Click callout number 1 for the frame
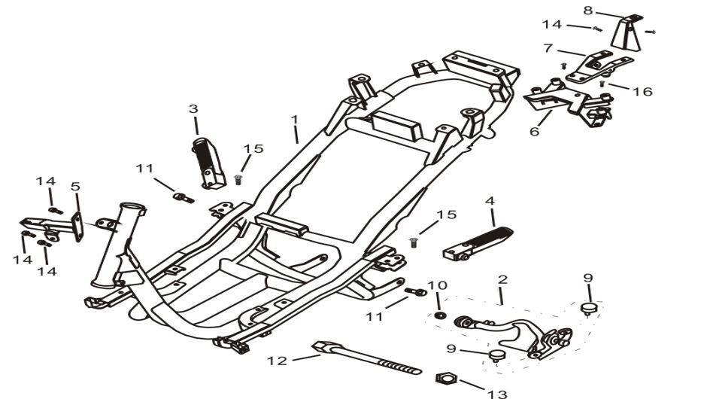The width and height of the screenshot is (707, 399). [295, 120]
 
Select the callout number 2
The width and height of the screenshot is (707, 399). [502, 280]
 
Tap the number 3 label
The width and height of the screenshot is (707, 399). [193, 109]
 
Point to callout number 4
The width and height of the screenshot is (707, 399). [490, 201]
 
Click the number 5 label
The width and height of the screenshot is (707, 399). [75, 186]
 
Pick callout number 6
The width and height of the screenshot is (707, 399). [535, 132]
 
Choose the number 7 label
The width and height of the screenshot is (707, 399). [548, 48]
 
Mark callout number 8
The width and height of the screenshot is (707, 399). [587, 10]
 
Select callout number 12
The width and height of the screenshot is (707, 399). [277, 361]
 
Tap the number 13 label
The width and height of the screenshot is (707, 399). [497, 392]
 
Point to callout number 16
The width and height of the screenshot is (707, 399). [642, 92]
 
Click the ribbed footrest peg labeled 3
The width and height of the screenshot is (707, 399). [208, 161]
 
